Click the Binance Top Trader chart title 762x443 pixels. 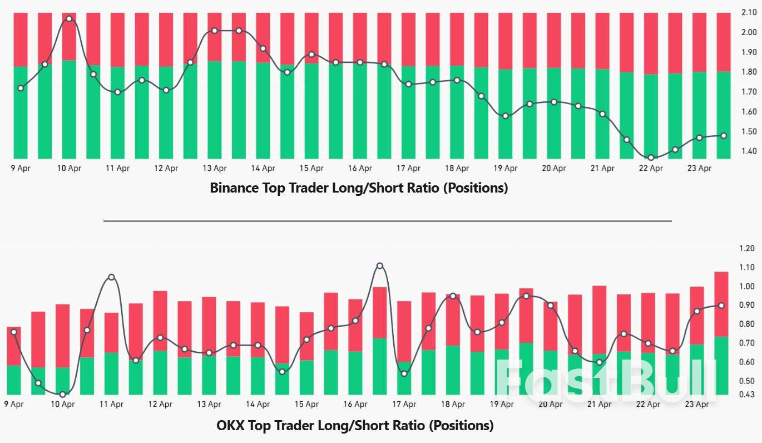(359, 188)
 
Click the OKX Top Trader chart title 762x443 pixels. (355, 426)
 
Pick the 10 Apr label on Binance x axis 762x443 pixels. (69, 168)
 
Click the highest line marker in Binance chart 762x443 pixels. (69, 19)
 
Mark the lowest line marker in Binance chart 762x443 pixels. (651, 158)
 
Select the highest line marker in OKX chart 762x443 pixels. (380, 266)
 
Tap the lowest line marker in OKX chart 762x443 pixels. (63, 395)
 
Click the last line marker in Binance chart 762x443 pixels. (723, 136)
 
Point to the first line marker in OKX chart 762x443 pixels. (14, 332)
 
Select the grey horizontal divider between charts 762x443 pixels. (387, 221)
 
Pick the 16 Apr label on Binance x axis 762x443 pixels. (360, 168)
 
